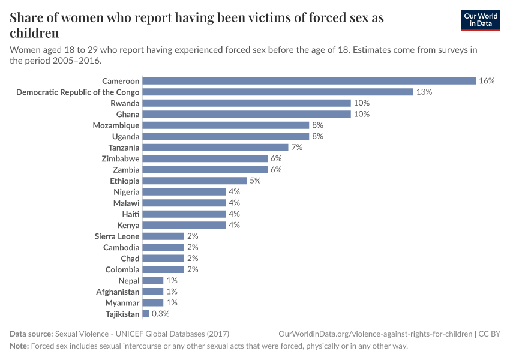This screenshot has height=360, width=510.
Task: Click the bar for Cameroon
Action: pyautogui.click(x=309, y=81)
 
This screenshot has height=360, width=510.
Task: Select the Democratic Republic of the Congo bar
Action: pyautogui.click(x=278, y=92)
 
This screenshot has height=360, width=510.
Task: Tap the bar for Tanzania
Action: pyautogui.click(x=215, y=148)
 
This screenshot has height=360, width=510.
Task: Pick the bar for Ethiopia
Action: pyautogui.click(x=194, y=181)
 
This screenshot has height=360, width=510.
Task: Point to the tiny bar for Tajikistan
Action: pyautogui.click(x=146, y=314)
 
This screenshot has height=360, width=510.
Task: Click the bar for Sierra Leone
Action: pyautogui.click(x=163, y=236)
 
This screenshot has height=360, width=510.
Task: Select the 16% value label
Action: pyautogui.click(x=487, y=81)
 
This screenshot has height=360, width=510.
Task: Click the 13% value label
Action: pyautogui.click(x=424, y=92)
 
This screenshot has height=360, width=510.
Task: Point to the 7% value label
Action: pyautogui.click(x=297, y=148)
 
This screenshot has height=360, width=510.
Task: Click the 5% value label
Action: pyautogui.click(x=255, y=181)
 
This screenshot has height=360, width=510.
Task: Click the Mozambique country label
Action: pyautogui.click(x=116, y=125)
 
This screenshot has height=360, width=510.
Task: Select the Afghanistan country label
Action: pyautogui.click(x=118, y=292)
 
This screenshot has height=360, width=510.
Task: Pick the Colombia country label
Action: pyautogui.click(x=122, y=269)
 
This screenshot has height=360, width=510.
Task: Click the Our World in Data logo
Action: pyautogui.click(x=480, y=20)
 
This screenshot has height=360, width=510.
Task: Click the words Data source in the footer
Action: pyautogui.click(x=31, y=334)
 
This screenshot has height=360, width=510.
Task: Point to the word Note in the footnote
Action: pyautogui.click(x=19, y=346)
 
